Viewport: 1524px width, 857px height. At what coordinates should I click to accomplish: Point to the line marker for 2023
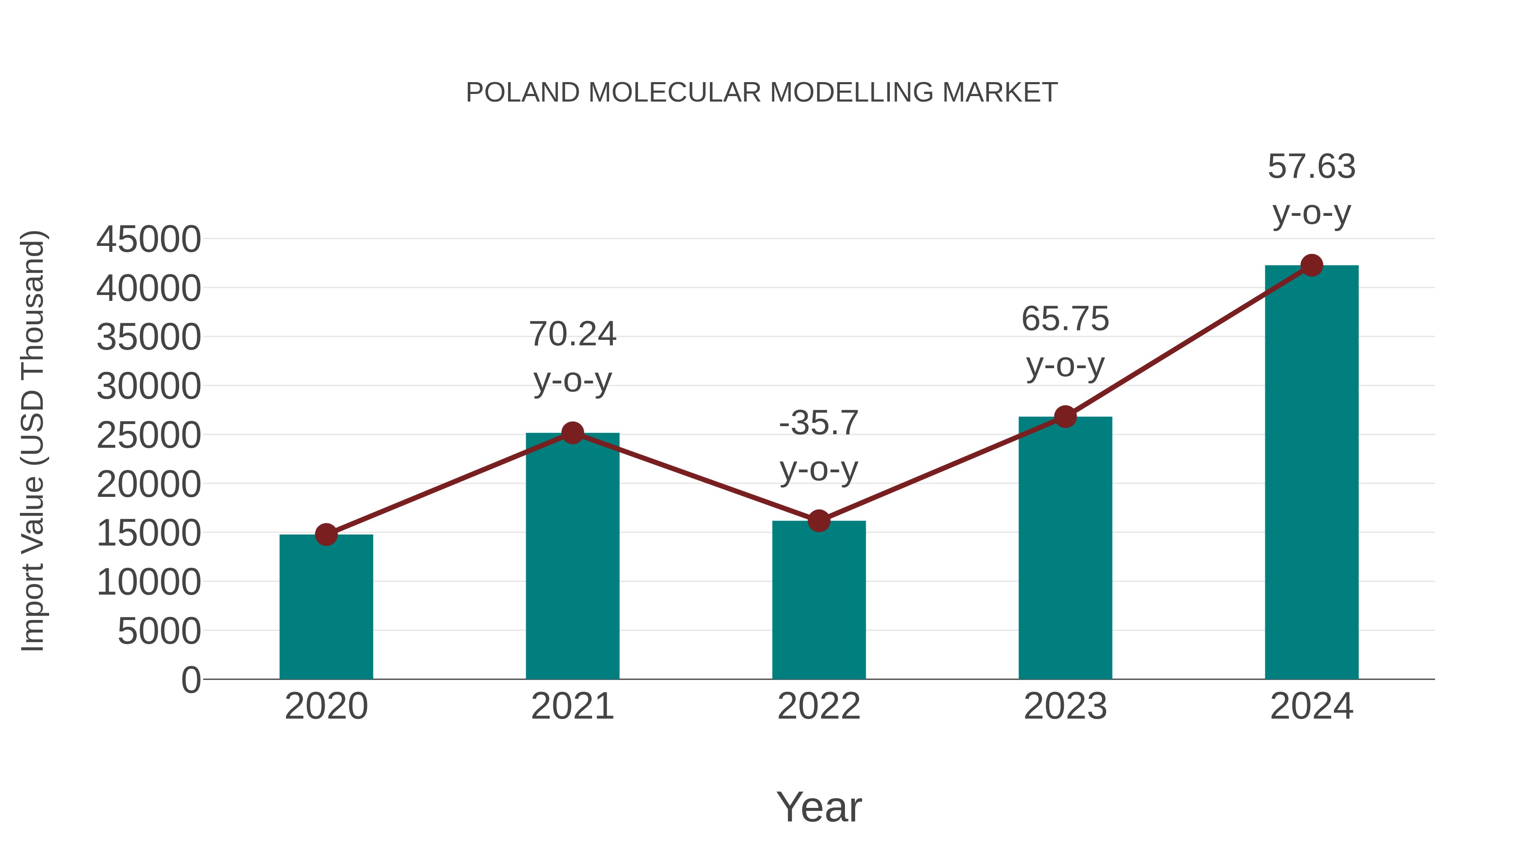click(x=1065, y=417)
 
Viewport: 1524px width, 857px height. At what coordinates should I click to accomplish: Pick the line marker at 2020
click(x=326, y=535)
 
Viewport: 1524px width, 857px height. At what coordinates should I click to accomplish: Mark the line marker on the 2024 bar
click(x=1311, y=265)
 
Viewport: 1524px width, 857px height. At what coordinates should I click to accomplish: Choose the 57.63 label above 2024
click(x=1311, y=166)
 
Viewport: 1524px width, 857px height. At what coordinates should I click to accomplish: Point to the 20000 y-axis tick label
click(x=149, y=485)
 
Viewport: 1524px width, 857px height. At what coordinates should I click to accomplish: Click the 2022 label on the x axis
click(x=819, y=706)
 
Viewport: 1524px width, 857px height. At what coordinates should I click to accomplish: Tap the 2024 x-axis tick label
click(x=1311, y=706)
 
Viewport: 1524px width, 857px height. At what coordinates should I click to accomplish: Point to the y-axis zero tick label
click(x=191, y=680)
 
